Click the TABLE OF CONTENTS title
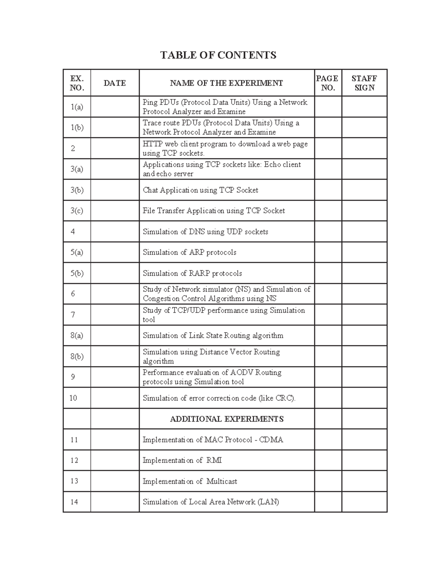[218, 55]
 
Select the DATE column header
[115, 83]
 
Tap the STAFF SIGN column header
[364, 83]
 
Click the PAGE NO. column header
[327, 83]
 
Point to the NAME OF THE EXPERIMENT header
[226, 83]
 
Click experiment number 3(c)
[77, 211]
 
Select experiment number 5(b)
[77, 273]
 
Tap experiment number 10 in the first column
[73, 398]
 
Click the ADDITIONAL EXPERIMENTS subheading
[227, 419]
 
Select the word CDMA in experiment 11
[271, 440]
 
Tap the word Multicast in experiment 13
[222, 481]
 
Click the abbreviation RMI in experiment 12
[214, 461]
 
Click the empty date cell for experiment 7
[115, 315]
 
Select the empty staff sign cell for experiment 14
[364, 502]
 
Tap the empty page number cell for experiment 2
[328, 148]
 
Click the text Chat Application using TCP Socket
[200, 190]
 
